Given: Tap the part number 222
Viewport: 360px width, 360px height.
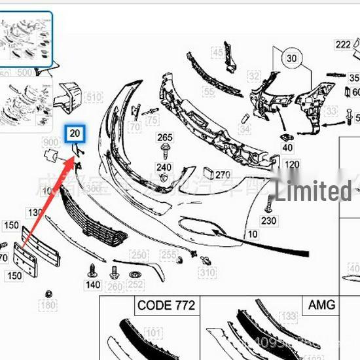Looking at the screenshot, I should pos(343,45).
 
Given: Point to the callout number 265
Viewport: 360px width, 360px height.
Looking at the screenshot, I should pos(165,137).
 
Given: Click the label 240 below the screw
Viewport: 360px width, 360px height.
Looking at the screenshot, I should pos(164,168).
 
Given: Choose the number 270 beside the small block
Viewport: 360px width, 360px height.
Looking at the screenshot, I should pos(223,175).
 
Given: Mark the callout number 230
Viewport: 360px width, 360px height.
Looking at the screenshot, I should pos(268,221).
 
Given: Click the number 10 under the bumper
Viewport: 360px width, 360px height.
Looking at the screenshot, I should pos(253,234).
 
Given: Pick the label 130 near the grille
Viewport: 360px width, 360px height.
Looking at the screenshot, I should pos(33,213).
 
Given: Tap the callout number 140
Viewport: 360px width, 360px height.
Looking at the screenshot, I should pos(93,285).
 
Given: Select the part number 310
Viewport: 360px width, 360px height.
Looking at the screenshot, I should pos(207,272).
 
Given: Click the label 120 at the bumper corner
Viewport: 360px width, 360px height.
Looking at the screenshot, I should pos(292,164).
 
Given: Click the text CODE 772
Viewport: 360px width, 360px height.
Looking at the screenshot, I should pos(166,306).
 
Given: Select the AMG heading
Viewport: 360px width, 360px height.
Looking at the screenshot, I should pos(321,305).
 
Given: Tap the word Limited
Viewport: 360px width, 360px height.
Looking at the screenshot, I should pos(313,192).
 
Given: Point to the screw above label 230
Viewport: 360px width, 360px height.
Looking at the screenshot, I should pos(267,205).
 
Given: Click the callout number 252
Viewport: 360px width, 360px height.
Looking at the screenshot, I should pos(136,285).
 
